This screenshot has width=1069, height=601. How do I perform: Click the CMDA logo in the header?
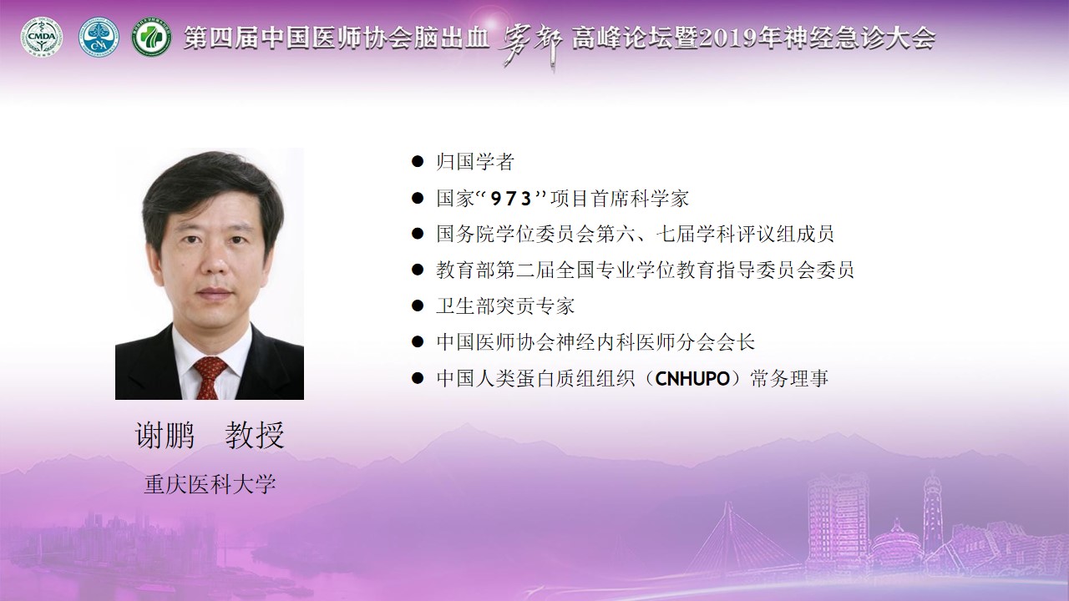pyautogui.click(x=42, y=38)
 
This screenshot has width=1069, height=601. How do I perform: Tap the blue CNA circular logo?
pyautogui.click(x=99, y=38)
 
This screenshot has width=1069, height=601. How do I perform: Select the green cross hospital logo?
pyautogui.click(x=151, y=38)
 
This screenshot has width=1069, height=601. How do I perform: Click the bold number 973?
pyautogui.click(x=511, y=199)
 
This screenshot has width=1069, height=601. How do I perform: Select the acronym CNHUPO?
pyautogui.click(x=692, y=379)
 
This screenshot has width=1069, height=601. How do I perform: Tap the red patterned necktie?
pyautogui.click(x=209, y=376)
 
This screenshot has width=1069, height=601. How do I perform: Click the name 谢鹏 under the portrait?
pyautogui.click(x=165, y=435)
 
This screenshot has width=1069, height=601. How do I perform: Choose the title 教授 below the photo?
pyautogui.click(x=255, y=435)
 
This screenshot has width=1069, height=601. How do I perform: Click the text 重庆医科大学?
pyautogui.click(x=210, y=484)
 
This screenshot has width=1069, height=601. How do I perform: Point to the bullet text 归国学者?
pyautogui.click(x=475, y=162)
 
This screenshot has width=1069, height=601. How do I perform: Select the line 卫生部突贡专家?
pyautogui.click(x=505, y=306)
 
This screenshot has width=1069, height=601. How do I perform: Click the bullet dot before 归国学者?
pyautogui.click(x=418, y=161)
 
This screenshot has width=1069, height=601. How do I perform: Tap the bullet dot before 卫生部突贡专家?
pyautogui.click(x=418, y=306)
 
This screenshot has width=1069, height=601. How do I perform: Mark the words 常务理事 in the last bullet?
pyautogui.click(x=790, y=379)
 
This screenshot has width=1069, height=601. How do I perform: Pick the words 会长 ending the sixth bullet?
pyautogui.click(x=736, y=342)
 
